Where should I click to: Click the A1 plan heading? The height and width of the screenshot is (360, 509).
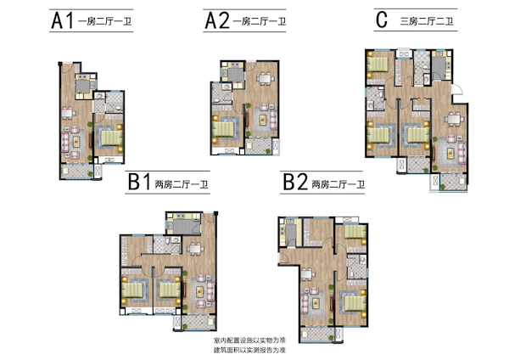click(x=62, y=21)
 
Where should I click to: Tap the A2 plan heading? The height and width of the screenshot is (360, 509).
click(x=217, y=20)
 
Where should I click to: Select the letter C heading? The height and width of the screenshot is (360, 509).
click(x=382, y=20)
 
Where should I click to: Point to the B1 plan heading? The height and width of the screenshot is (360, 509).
click(x=139, y=182)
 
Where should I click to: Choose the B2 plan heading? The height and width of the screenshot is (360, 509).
click(x=295, y=182)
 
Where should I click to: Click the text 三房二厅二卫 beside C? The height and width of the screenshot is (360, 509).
click(x=427, y=21)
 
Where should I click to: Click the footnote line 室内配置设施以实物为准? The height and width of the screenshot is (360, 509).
click(x=249, y=340)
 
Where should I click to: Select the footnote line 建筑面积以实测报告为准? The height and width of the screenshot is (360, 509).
click(x=249, y=351)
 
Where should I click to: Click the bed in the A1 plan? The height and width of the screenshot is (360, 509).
click(x=112, y=138)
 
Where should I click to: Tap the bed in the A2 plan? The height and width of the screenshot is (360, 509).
click(x=223, y=129)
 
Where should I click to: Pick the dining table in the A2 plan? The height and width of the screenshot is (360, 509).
click(x=266, y=78)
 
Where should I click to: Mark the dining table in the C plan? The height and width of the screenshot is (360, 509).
click(x=454, y=119)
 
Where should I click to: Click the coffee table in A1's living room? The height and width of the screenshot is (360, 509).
click(x=76, y=142)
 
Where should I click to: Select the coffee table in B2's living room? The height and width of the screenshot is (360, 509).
click(x=316, y=303)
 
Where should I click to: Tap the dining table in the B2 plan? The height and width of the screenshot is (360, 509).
click(x=306, y=274)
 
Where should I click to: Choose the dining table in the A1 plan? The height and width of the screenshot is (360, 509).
click(x=68, y=114)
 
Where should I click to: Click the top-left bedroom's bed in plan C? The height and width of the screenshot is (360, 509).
click(x=378, y=65)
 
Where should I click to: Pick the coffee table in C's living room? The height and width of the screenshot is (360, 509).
click(x=450, y=153)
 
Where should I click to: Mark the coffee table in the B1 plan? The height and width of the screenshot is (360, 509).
click(x=200, y=292)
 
